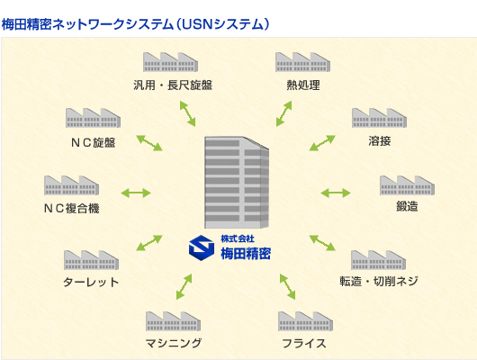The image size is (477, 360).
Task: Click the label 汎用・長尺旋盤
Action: [171, 85]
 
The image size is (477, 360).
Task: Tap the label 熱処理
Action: [301, 85]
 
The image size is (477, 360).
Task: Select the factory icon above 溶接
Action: [380, 118]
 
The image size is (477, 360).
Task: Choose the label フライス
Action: [302, 343]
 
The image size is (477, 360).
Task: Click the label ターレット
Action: [91, 282]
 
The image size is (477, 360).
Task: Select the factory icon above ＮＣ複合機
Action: [72, 185]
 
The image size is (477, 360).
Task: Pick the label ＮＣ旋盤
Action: [93, 141]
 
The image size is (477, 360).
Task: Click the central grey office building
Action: [237, 183]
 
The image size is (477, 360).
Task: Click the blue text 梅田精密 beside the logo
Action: [245, 254]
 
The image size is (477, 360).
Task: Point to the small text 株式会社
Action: [238, 238]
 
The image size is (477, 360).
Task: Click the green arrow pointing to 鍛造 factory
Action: [335, 193]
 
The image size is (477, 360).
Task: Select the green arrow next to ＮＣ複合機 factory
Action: [137, 193]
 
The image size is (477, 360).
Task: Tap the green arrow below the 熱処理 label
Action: [284, 112]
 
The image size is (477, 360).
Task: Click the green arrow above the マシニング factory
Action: [184, 286]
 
